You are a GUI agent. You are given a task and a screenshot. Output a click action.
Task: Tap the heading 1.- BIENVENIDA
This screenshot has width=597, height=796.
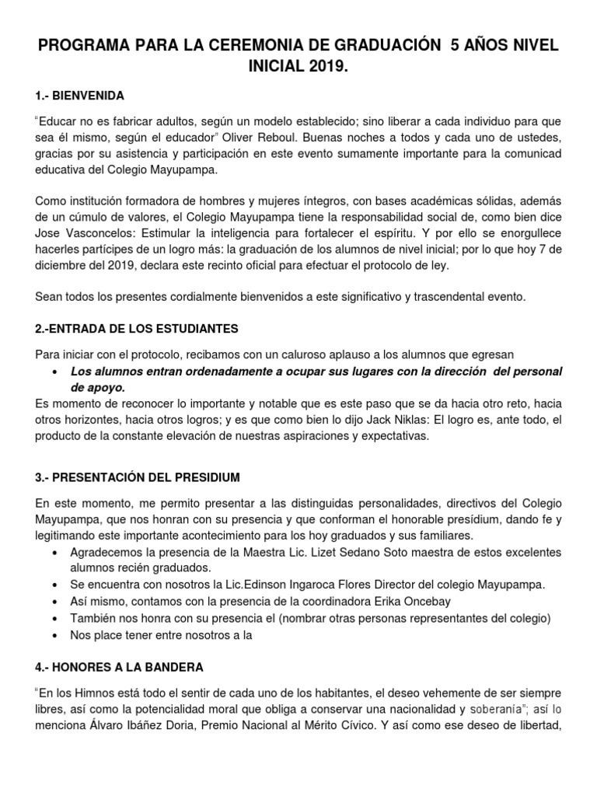pos(80,96)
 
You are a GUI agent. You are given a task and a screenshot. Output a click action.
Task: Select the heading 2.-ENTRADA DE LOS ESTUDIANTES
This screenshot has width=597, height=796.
pos(137,328)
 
